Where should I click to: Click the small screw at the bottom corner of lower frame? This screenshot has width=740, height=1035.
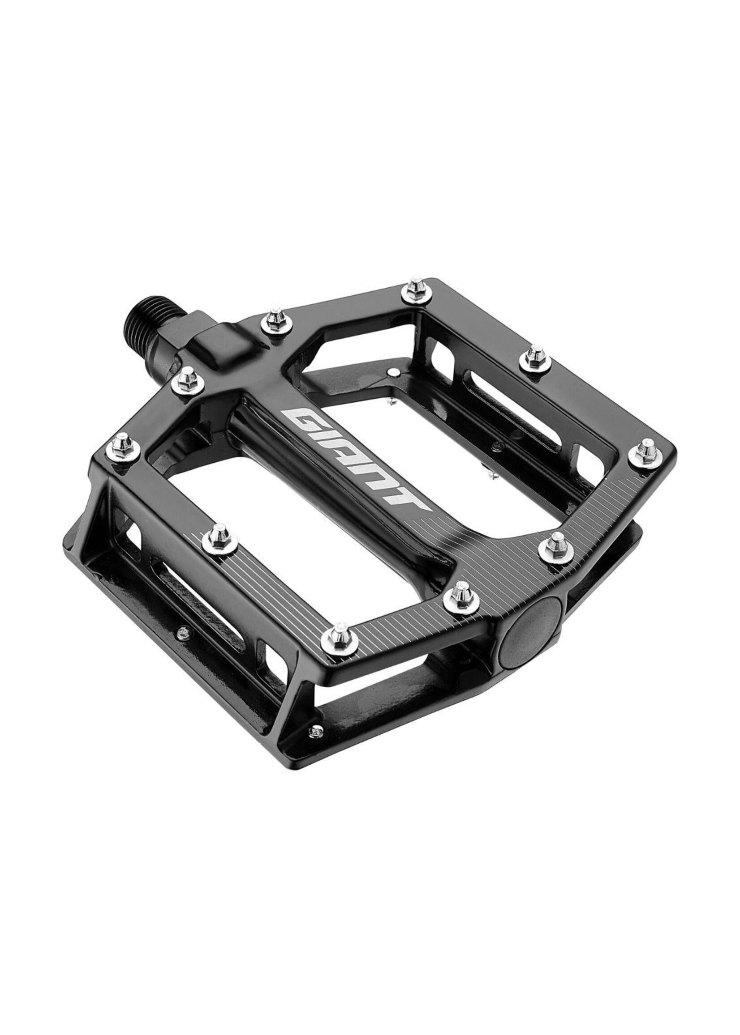tap(314, 731)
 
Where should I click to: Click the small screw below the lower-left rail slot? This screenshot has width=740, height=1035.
tap(184, 630)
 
